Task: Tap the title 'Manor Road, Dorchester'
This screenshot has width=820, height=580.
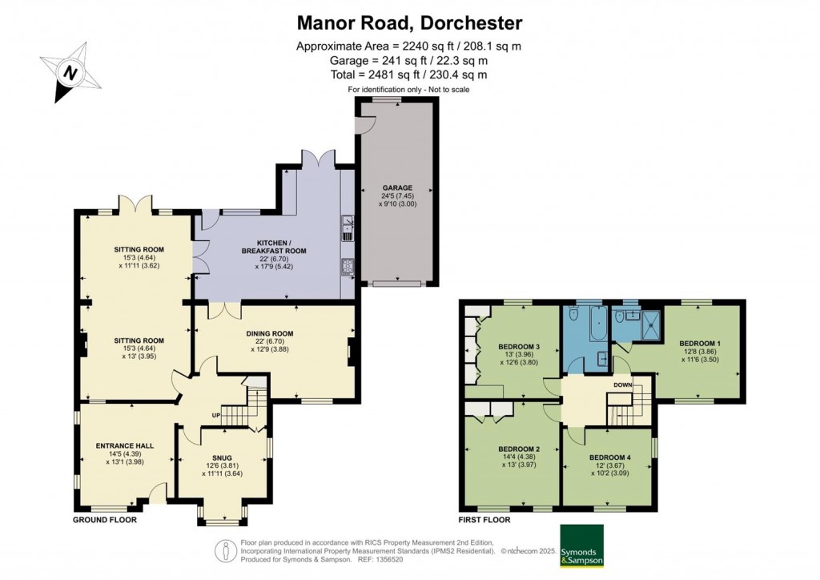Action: click(409, 22)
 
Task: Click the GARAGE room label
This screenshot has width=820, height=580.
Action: click(397, 188)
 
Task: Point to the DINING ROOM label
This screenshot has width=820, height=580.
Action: click(271, 333)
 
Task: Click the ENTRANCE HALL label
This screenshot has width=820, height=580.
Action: click(124, 445)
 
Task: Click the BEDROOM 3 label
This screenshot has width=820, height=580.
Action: click(520, 347)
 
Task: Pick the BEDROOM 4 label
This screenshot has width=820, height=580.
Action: click(609, 457)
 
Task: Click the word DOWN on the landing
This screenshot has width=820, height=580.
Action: click(623, 385)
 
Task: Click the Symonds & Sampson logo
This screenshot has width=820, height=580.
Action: click(582, 545)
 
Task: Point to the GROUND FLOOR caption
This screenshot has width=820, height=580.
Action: click(104, 520)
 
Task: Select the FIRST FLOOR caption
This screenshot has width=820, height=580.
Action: click(484, 520)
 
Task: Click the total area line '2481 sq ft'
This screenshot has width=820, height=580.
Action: click(409, 75)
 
